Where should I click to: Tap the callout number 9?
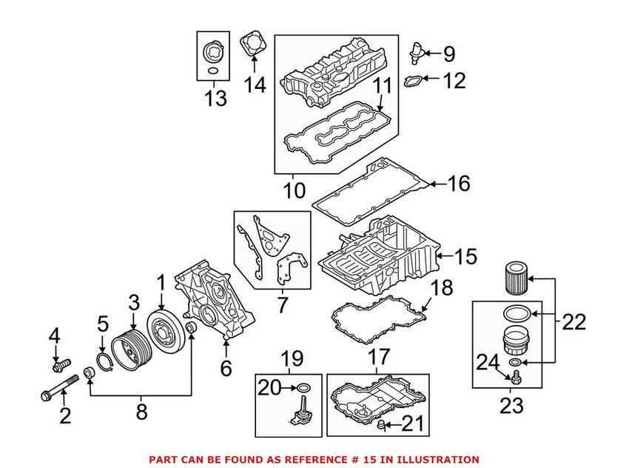449,54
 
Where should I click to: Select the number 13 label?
215,98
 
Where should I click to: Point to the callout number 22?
573,321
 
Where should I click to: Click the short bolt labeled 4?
60,364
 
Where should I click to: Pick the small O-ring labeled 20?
304,387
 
